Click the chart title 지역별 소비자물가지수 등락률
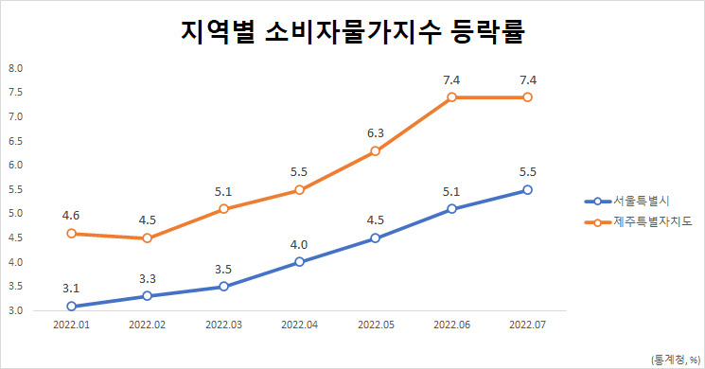(x=352, y=31)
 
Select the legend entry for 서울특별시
(x=627, y=202)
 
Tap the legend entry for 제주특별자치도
(x=638, y=221)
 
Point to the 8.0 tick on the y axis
(x=15, y=68)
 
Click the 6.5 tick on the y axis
(x=15, y=141)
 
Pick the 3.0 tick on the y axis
(x=15, y=310)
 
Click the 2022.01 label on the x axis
(x=72, y=325)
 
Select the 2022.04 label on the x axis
(x=299, y=325)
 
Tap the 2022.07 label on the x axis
(x=527, y=325)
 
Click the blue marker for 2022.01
(x=72, y=306)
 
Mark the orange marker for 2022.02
(x=148, y=238)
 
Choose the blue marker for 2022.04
(x=299, y=262)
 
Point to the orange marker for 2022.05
(x=376, y=151)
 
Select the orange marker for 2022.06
(x=452, y=97)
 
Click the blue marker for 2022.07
(x=527, y=190)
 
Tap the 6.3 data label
(x=376, y=133)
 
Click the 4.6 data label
(x=71, y=216)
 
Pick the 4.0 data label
(x=299, y=245)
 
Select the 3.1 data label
(x=71, y=289)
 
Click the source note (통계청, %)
(x=676, y=360)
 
